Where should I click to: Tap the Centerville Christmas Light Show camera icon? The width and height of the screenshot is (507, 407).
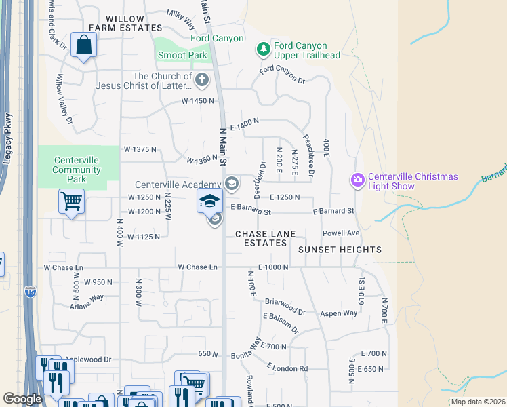pyautogui.click(x=357, y=180)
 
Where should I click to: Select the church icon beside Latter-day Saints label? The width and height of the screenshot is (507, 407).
pyautogui.click(x=201, y=81)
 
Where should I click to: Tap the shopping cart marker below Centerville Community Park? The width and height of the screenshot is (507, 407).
pyautogui.click(x=72, y=201)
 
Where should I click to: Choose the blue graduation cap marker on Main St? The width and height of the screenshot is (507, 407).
pyautogui.click(x=210, y=201)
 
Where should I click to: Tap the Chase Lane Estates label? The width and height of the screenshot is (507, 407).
pyautogui.click(x=265, y=238)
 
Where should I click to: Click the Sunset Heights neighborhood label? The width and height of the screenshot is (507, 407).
pyautogui.click(x=340, y=250)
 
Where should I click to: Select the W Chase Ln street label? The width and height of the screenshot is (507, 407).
pyautogui.click(x=197, y=267)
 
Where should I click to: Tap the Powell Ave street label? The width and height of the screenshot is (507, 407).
pyautogui.click(x=340, y=232)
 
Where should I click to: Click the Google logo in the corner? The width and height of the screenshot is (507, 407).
pyautogui.click(x=22, y=399)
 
